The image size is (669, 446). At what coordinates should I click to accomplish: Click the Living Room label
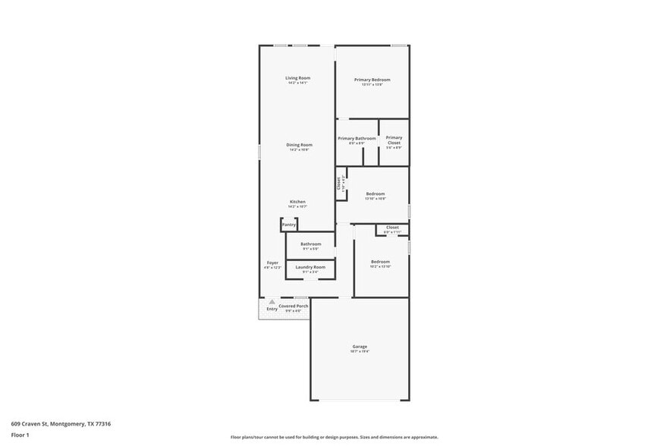(x=297, y=78)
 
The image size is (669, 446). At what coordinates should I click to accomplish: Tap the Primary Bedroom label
(x=372, y=80)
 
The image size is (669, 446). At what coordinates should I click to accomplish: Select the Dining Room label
(x=299, y=145)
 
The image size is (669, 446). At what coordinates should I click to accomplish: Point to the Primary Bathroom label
(x=356, y=139)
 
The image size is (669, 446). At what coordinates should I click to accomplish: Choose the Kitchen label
(x=297, y=202)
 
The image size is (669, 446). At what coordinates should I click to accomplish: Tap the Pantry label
(x=289, y=225)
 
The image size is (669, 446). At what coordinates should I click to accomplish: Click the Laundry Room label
(x=310, y=267)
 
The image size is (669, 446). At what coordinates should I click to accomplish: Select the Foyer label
(x=272, y=262)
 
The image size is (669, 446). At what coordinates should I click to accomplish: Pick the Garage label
(x=360, y=347)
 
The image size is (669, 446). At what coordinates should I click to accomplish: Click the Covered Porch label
(x=293, y=306)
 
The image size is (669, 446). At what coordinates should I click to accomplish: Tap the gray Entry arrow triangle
(x=272, y=302)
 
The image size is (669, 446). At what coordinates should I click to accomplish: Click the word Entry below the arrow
(x=272, y=309)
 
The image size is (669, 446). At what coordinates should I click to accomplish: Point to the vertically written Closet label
(x=339, y=183)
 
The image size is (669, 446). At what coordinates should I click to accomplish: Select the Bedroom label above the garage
(x=380, y=262)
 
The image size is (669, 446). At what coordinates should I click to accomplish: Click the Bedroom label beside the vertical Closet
(x=375, y=194)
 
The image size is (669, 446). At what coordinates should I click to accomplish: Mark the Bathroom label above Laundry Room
(x=310, y=244)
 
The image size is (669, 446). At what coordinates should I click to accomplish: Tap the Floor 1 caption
(x=20, y=435)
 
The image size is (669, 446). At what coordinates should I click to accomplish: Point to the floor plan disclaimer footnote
(x=334, y=437)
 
